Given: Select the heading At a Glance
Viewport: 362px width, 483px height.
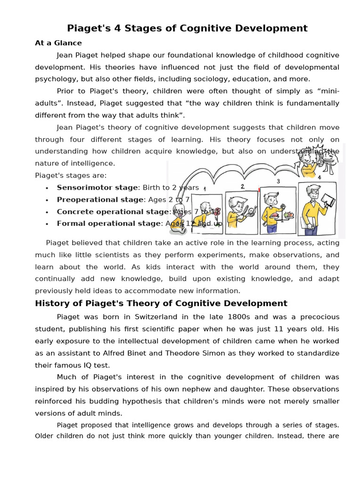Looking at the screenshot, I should coord(58,43).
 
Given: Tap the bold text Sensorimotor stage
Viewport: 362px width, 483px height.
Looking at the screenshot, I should coord(98,187).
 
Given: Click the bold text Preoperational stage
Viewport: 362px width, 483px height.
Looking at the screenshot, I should coord(100,200).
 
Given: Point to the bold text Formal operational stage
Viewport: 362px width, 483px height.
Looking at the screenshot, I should coord(108,224).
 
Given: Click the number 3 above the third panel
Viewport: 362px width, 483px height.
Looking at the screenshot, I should coord(278,181).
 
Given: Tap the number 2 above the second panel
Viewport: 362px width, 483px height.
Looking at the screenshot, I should coord(242,186).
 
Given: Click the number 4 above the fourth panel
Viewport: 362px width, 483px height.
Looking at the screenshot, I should coord(319,177).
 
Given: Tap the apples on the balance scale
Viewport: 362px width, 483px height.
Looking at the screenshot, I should coord(288,215).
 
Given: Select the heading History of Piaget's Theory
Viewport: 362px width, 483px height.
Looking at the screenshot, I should coord(161,303).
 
